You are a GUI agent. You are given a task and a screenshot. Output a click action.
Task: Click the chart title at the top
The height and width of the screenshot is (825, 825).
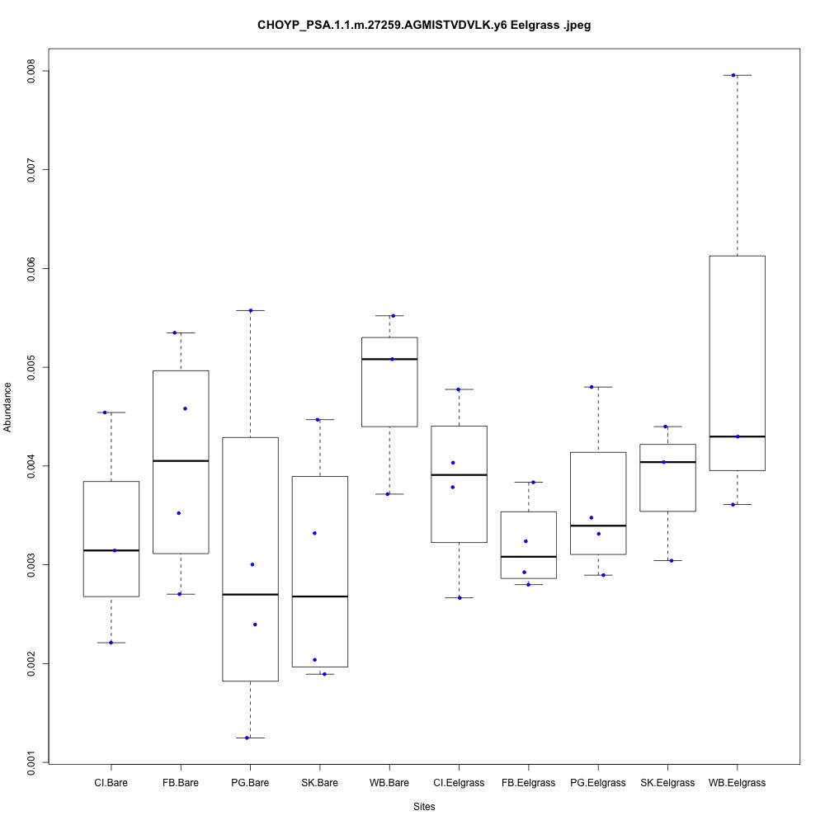point(424,26)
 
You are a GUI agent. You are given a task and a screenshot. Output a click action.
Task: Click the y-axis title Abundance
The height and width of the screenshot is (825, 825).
point(7,407)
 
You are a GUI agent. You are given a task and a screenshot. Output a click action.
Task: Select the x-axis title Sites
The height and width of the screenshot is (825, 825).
point(423,806)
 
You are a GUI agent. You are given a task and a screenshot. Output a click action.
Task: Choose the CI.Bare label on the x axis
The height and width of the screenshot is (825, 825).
point(111,782)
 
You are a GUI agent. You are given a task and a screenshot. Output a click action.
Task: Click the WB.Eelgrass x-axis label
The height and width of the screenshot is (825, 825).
point(737,782)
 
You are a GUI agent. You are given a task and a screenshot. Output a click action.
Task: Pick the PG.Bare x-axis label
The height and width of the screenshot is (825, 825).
point(250,782)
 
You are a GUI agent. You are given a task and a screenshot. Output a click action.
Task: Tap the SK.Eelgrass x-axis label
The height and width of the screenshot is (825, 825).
point(667,782)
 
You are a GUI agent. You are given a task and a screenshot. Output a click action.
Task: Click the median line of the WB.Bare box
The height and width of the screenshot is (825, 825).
point(389,359)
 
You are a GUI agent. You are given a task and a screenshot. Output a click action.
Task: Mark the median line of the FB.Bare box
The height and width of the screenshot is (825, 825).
point(181,460)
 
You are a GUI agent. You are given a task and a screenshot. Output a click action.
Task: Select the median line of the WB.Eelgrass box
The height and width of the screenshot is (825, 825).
point(737,436)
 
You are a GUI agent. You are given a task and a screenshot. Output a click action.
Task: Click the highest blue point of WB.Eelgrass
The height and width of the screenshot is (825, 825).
point(733,75)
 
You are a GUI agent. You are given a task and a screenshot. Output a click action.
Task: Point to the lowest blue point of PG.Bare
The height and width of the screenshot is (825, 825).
point(247,738)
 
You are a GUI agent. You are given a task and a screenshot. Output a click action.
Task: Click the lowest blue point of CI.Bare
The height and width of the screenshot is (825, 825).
point(111,642)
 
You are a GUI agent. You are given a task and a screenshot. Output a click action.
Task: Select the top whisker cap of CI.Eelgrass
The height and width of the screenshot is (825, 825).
point(459,389)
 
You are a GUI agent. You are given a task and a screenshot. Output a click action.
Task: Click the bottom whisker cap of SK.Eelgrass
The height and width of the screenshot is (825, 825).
point(667,560)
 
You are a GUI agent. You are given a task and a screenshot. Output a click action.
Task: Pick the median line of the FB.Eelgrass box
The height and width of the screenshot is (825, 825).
point(528,557)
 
